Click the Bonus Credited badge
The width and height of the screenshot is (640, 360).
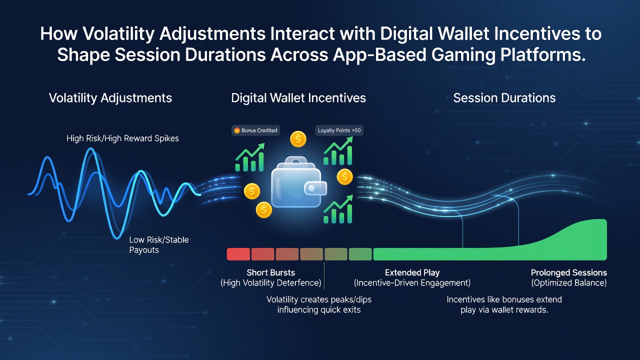pos(255,130)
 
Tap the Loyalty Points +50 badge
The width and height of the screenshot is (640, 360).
pos(339,130)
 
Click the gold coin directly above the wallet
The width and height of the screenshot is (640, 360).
pos(298,139)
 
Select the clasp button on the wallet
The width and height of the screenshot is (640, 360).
pos(312,188)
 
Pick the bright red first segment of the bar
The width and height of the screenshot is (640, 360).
pos(238,254)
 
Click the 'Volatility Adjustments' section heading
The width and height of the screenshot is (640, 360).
pos(110,98)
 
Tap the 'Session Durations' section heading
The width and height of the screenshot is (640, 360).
pos(504,98)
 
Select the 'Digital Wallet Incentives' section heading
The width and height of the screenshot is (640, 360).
pos(298,98)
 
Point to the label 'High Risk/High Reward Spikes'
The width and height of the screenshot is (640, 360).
pos(122,138)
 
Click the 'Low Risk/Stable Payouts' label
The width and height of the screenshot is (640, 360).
pos(159,244)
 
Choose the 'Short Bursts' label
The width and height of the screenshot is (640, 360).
pos(271,272)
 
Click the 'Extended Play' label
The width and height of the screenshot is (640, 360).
pos(412,272)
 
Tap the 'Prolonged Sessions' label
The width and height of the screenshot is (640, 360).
pos(569,272)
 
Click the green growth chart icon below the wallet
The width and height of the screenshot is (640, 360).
pos(338,209)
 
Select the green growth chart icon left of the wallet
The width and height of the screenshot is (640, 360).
pos(249,157)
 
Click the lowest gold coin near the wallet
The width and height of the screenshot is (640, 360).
pos(263,209)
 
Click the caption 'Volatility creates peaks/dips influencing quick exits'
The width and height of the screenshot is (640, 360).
pos(319,304)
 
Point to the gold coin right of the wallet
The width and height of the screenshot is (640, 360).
pos(344,176)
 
